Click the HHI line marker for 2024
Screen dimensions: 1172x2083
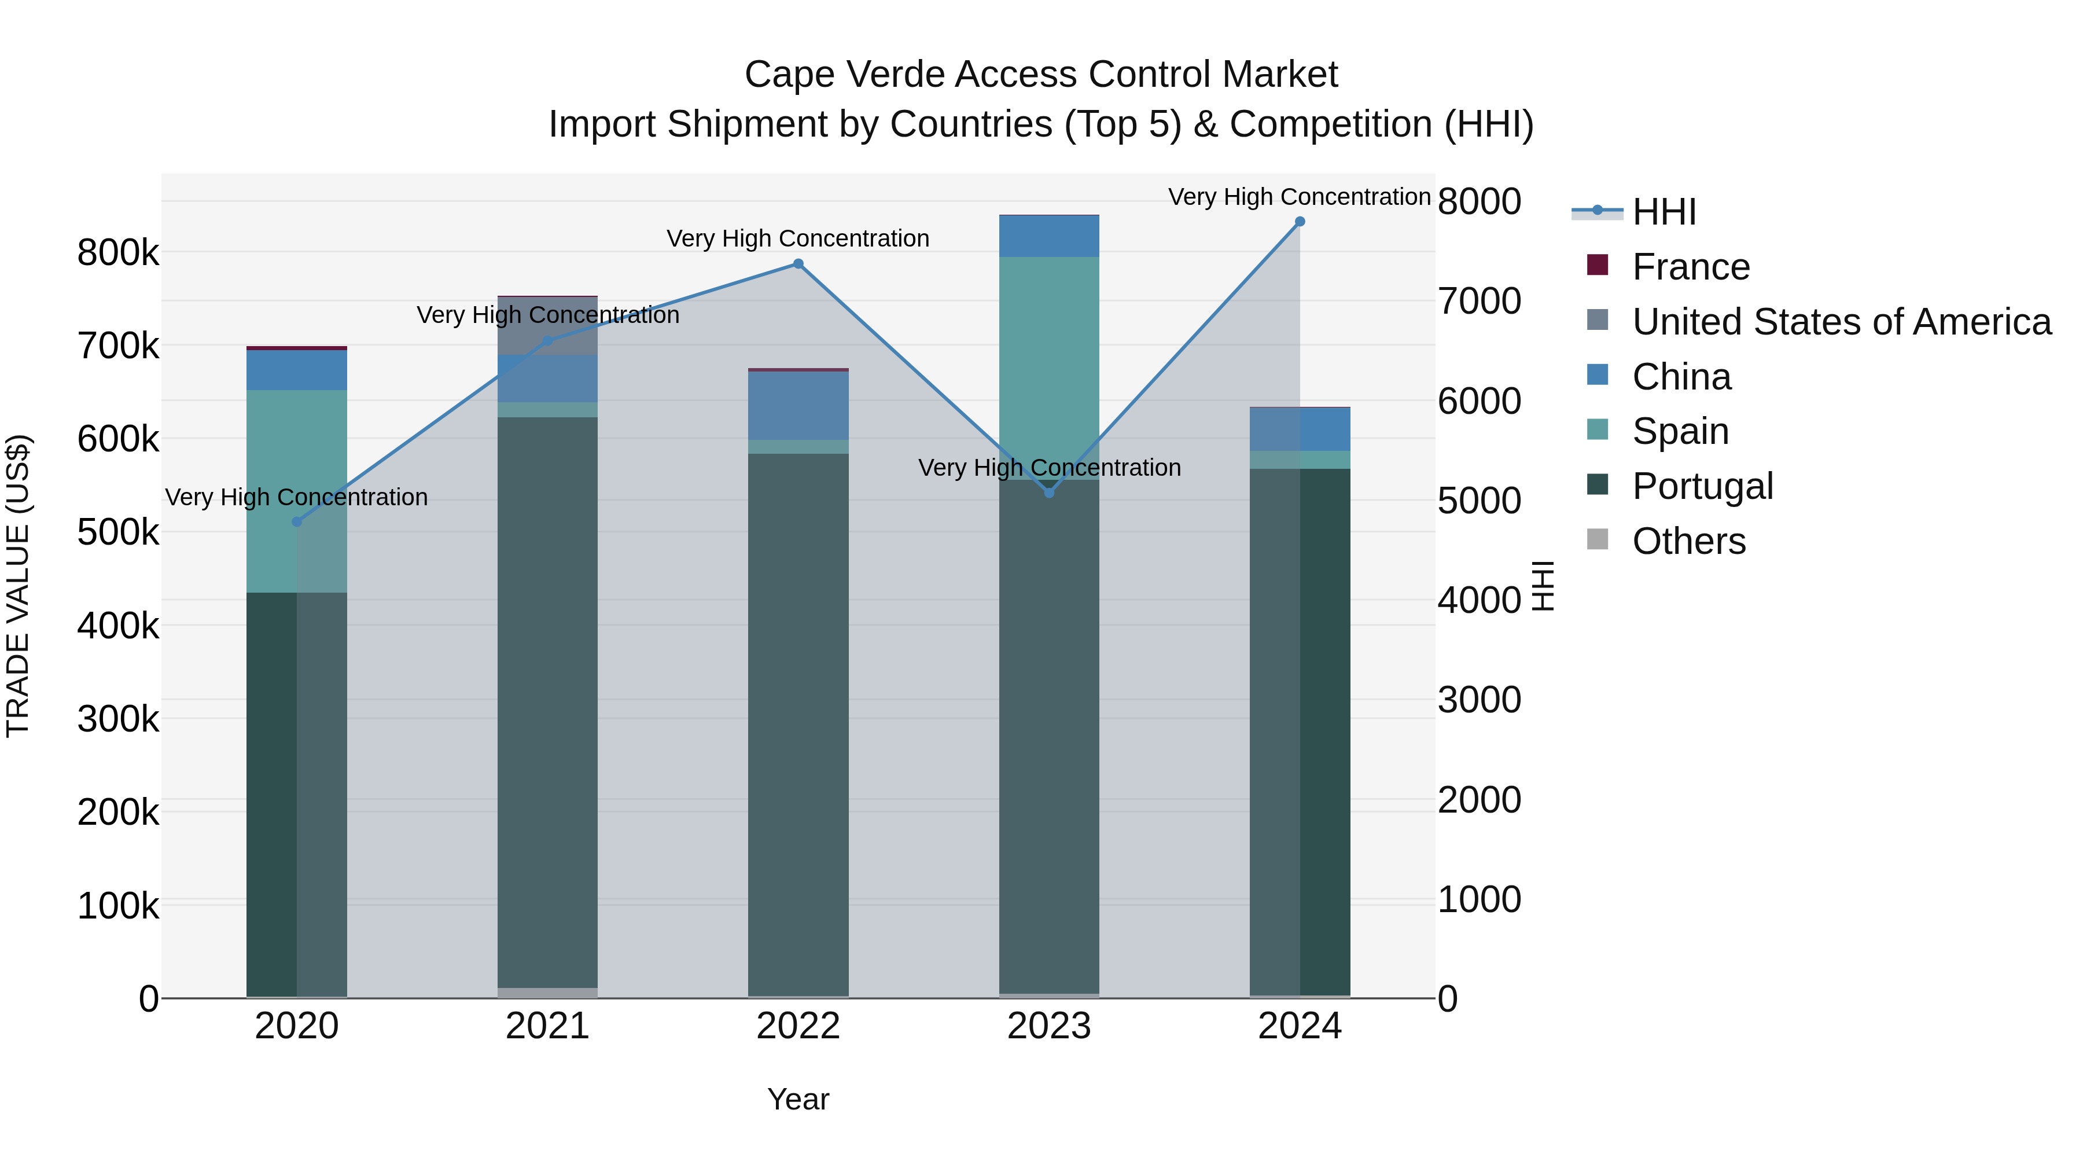[x=1300, y=222]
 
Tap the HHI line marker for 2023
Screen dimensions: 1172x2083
[x=1049, y=493]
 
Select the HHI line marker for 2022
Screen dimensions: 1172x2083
[x=798, y=264]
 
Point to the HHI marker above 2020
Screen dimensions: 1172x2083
[x=297, y=521]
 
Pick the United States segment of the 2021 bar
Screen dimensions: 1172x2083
[x=547, y=326]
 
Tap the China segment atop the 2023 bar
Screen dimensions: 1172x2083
[x=1049, y=236]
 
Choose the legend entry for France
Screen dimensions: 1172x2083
[x=1690, y=267]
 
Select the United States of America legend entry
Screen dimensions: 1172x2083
[x=1841, y=322]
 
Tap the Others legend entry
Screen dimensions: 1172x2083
[x=1688, y=541]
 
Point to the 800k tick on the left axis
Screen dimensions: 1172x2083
[x=118, y=253]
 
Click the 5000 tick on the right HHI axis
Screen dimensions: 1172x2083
[x=1479, y=501]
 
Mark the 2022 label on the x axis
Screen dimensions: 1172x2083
[x=798, y=1026]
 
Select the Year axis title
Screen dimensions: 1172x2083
[x=798, y=1099]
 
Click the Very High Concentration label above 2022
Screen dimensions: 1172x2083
[x=797, y=238]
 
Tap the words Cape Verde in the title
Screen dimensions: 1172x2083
[x=844, y=75]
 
